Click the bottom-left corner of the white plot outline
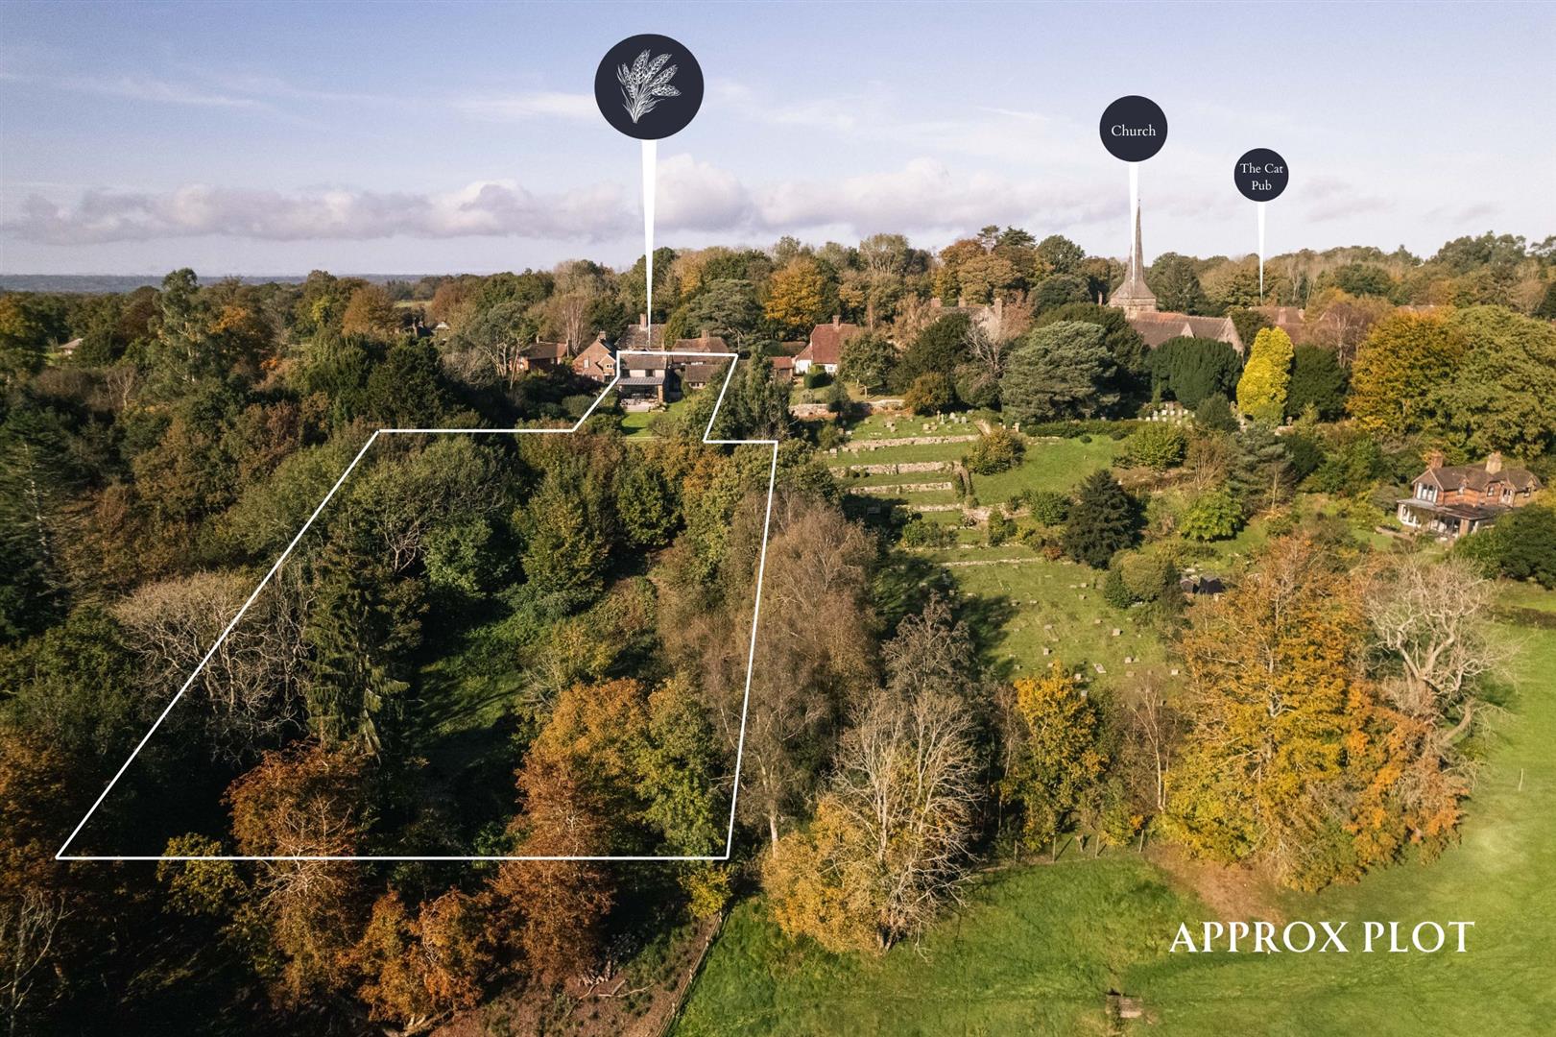click(x=58, y=857)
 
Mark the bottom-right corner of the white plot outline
click(x=728, y=857)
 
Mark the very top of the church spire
click(x=1137, y=203)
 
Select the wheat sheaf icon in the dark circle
click(x=649, y=85)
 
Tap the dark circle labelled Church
click(x=1133, y=130)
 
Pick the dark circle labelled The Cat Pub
click(x=1260, y=175)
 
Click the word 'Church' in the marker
click(x=1133, y=131)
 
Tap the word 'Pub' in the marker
click(x=1260, y=185)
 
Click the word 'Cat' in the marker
click(x=1273, y=168)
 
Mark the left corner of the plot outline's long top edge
click(x=378, y=432)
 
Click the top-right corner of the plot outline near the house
click(x=735, y=355)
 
